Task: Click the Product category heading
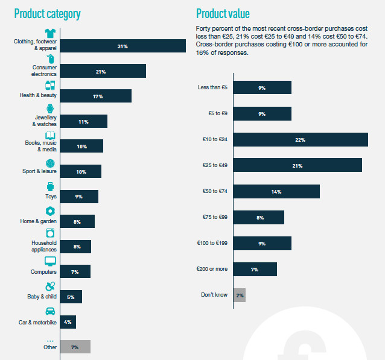tap(47, 13)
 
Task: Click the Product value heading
tap(223, 13)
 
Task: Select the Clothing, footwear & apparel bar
tap(122, 46)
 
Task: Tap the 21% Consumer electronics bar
tap(103, 71)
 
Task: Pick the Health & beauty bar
tap(96, 96)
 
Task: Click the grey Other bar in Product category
tap(75, 347)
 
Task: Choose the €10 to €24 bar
tap(301, 140)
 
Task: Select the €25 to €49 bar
tap(297, 165)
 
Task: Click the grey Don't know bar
tap(240, 295)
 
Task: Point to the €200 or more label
tap(212, 269)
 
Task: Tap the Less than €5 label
tap(213, 88)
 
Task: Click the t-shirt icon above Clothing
tap(51, 33)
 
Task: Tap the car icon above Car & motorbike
tap(51, 312)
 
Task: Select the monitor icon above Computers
tap(51, 261)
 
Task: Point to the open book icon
tap(51, 135)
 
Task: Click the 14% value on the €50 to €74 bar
tap(276, 192)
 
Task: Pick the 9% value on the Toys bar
tap(79, 197)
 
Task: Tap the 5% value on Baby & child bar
tap(71, 297)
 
